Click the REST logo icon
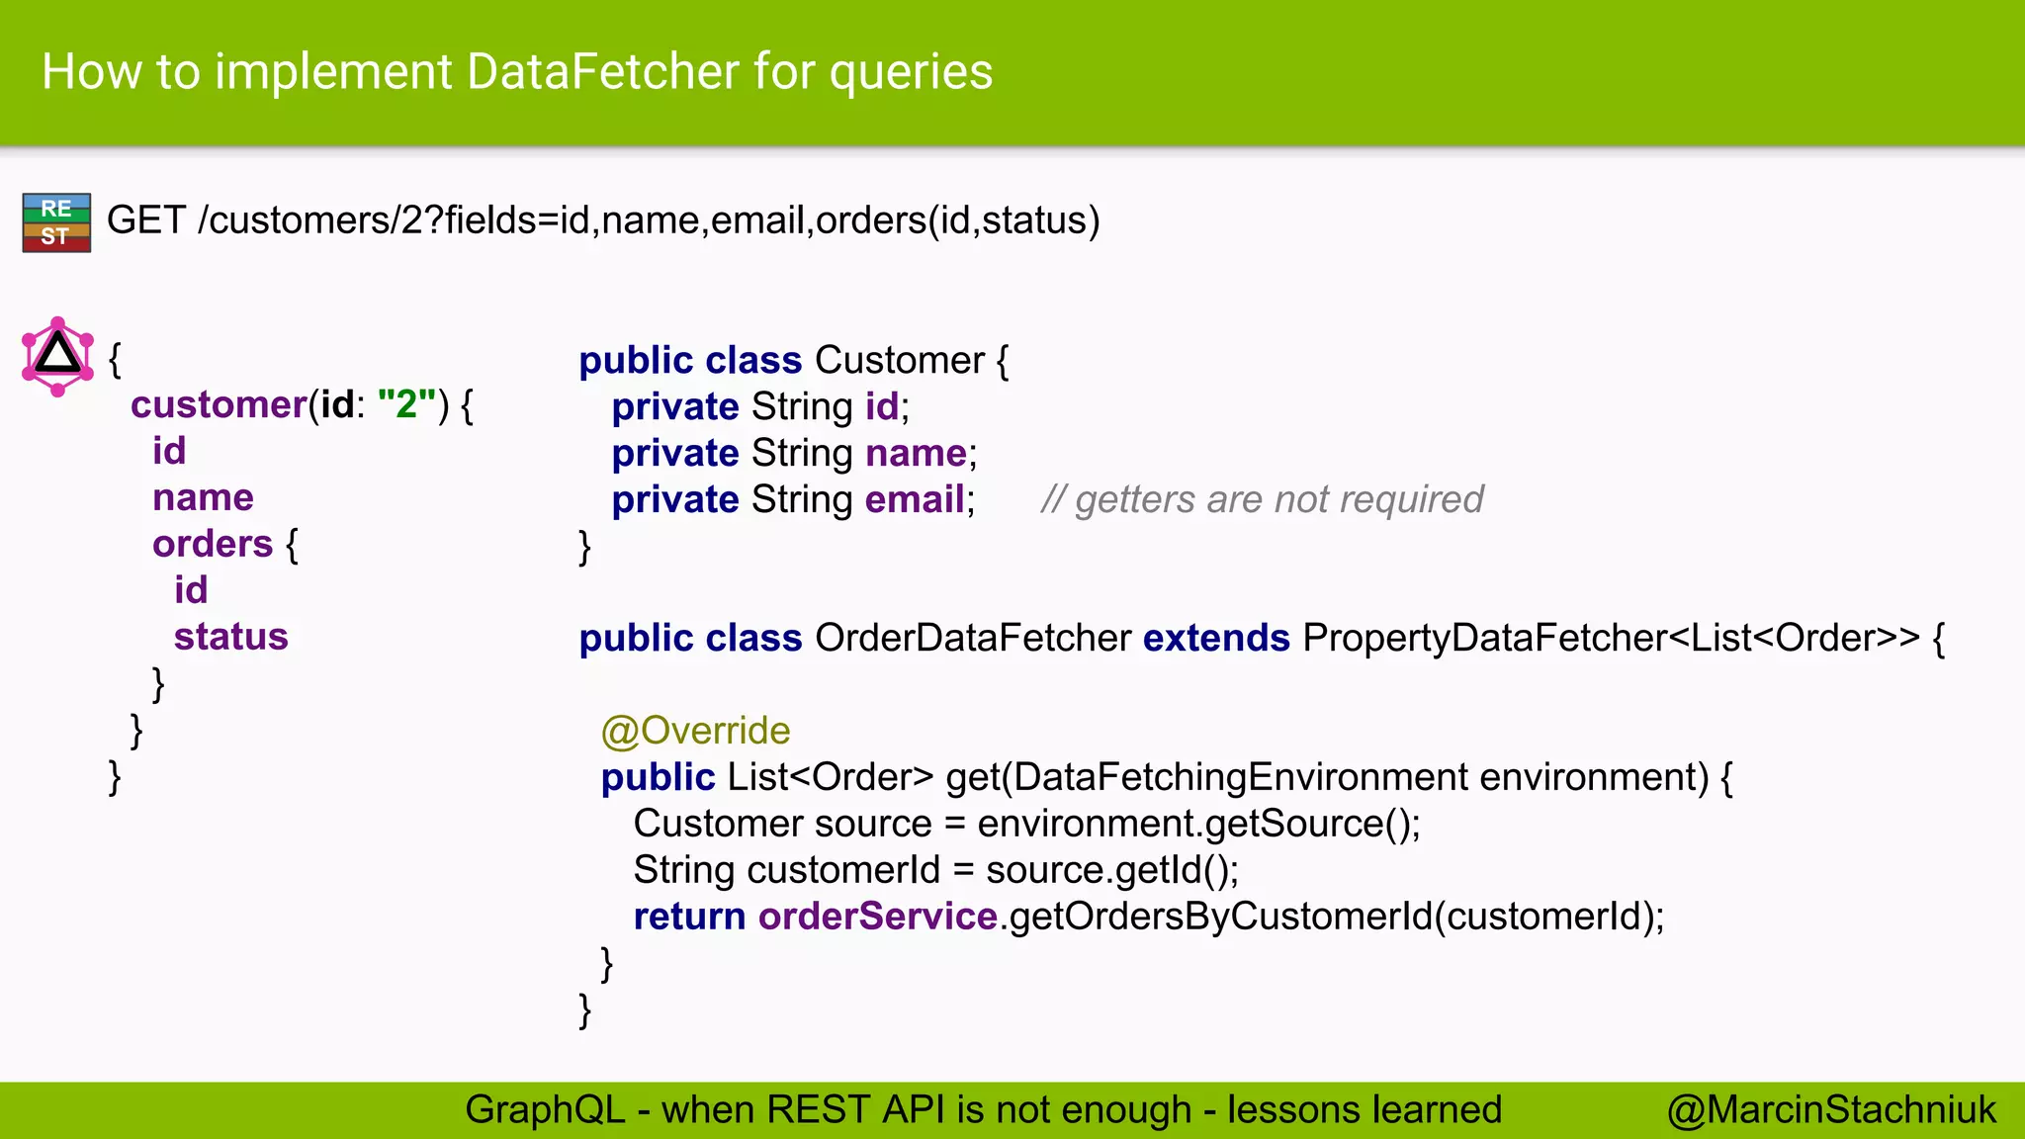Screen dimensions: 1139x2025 click(56, 222)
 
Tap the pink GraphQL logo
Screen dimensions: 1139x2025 click(57, 356)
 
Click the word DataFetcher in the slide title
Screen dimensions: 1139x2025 click(602, 72)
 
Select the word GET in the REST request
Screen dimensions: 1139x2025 click(145, 219)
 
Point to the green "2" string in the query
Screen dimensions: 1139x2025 click(406, 404)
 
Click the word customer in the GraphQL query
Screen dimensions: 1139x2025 click(219, 404)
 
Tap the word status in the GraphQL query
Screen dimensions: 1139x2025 click(230, 637)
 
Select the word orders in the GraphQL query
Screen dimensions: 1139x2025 click(212, 544)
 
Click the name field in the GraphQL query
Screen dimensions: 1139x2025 click(203, 497)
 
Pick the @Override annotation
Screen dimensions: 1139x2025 click(695, 731)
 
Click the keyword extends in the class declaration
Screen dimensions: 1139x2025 click(1216, 638)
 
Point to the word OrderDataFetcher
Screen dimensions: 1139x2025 click(972, 638)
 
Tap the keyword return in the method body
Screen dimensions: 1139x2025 click(689, 917)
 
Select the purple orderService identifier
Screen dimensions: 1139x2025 click(877, 917)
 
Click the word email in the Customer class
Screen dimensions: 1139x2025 click(915, 499)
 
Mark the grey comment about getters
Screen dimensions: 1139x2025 click(1262, 499)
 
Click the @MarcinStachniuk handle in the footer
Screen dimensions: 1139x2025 click(1830, 1109)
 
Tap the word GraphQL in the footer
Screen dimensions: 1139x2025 click(545, 1109)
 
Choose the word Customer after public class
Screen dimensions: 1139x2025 click(899, 360)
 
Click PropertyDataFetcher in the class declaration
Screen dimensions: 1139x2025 click(1485, 638)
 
